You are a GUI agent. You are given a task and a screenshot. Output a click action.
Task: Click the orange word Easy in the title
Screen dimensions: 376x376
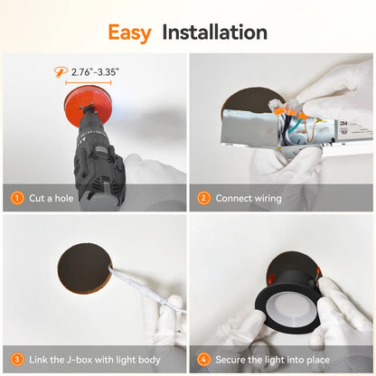click(129, 33)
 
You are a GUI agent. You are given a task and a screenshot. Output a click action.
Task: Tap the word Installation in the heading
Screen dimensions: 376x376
click(214, 32)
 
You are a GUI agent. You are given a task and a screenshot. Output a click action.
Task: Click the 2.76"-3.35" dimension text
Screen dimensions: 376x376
click(95, 72)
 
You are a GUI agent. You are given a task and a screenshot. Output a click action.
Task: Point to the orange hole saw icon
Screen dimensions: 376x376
click(61, 72)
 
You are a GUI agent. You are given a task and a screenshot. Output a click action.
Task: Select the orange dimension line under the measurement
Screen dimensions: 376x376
click(89, 82)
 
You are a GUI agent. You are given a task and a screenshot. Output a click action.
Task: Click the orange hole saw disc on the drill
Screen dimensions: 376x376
click(89, 106)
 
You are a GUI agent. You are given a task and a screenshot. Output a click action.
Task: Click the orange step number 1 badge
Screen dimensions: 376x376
click(17, 198)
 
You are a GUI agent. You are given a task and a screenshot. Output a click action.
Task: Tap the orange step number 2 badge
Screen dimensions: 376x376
click(203, 198)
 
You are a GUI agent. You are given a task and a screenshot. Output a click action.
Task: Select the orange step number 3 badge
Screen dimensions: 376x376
click(17, 360)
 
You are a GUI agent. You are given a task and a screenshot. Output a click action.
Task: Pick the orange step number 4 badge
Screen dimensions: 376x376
click(203, 360)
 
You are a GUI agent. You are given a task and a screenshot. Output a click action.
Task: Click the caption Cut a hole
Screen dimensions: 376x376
click(52, 198)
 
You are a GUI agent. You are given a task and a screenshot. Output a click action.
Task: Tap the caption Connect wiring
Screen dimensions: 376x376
click(249, 198)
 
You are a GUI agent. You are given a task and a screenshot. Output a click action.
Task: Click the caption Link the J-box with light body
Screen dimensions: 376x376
click(95, 360)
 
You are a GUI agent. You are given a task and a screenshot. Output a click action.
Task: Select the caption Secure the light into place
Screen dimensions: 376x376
click(273, 360)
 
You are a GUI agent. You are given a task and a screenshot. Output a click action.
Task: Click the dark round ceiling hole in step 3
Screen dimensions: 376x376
click(84, 268)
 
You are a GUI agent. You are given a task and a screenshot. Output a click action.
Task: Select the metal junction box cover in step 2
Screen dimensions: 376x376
click(249, 127)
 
